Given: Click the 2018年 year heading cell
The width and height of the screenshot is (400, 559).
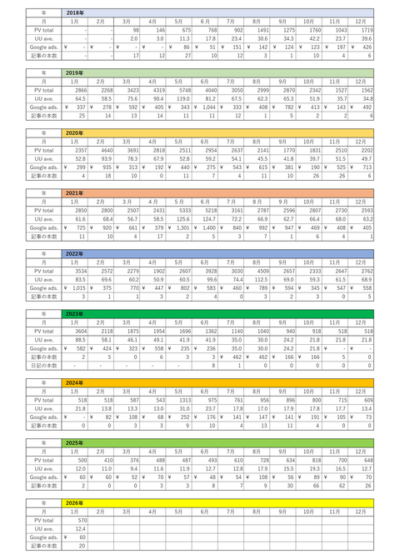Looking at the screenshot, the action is [x=74, y=14].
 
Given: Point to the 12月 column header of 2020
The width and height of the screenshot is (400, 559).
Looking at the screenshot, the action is [x=360, y=141].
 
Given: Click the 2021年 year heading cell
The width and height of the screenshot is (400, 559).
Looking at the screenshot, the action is [x=74, y=192].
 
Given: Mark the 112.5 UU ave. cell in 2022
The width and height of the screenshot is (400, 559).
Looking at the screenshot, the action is [x=259, y=278].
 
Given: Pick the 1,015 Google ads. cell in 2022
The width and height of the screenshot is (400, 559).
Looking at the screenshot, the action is [x=76, y=287].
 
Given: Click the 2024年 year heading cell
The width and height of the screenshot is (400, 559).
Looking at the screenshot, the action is [x=74, y=382].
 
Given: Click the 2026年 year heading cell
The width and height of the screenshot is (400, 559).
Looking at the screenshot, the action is [x=74, y=502].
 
